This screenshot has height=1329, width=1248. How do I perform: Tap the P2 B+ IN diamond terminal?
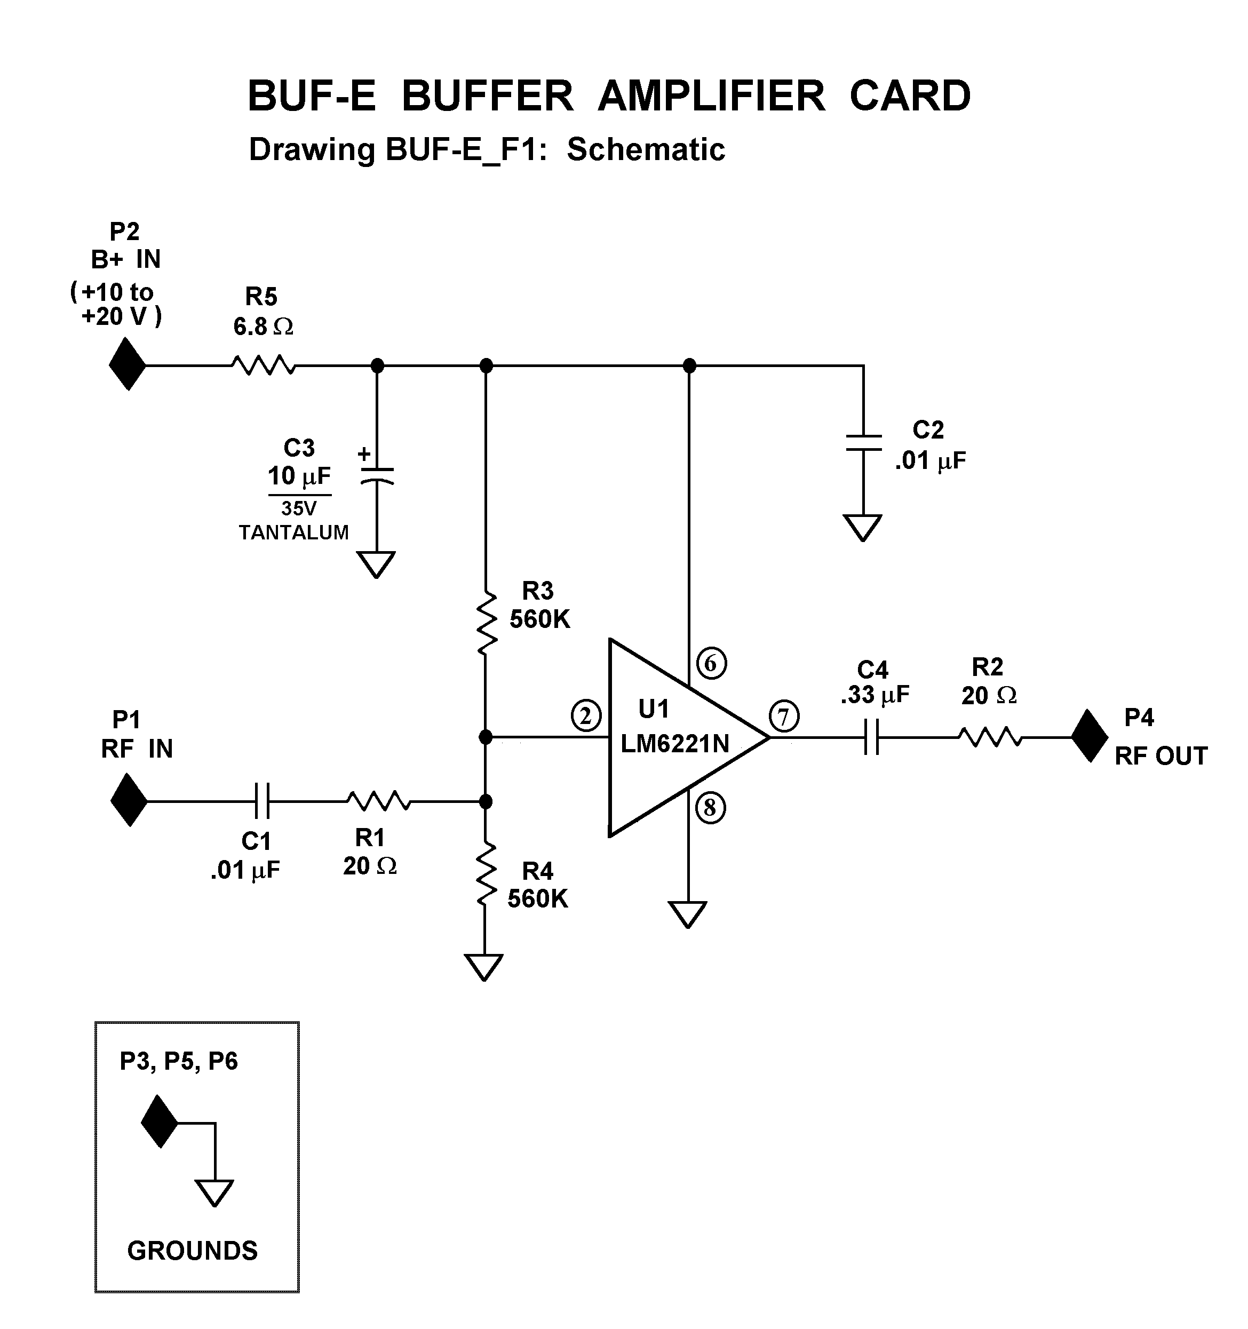127,364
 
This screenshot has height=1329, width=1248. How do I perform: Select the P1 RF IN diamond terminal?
129,800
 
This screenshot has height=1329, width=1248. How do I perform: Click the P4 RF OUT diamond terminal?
1090,736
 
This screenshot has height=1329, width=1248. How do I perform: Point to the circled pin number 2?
586,716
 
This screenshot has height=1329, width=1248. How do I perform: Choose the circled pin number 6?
711,663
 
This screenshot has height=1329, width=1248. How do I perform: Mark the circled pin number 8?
710,809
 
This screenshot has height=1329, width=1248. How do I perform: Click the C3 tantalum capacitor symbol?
377,475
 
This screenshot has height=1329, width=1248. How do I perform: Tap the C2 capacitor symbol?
863,442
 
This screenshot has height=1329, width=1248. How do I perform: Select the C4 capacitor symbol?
871,737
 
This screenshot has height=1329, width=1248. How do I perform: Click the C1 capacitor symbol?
262,801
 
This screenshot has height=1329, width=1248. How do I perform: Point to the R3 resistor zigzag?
486,622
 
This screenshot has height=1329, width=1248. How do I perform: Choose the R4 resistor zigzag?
486,874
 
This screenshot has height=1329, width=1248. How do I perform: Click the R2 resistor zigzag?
989,737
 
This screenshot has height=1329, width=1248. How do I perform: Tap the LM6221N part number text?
674,743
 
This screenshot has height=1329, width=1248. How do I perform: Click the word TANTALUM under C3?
293,533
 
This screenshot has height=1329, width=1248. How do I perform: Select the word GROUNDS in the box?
192,1251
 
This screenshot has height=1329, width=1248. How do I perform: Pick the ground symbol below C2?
862,527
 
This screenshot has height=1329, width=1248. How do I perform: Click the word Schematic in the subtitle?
646,149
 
